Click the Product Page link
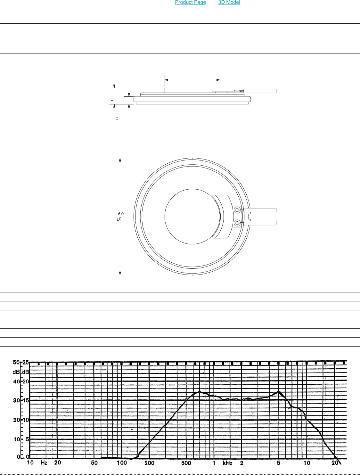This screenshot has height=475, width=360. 190,2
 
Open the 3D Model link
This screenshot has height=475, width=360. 229,2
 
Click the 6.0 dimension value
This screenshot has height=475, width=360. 121,214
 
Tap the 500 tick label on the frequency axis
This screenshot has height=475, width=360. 186,463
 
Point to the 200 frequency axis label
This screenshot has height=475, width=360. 149,463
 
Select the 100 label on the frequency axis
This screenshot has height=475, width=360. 122,463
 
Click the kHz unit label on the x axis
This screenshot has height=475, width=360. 228,463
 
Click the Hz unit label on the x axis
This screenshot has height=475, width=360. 44,463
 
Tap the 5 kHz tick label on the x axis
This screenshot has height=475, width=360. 278,463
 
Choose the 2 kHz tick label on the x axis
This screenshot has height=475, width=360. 242,463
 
